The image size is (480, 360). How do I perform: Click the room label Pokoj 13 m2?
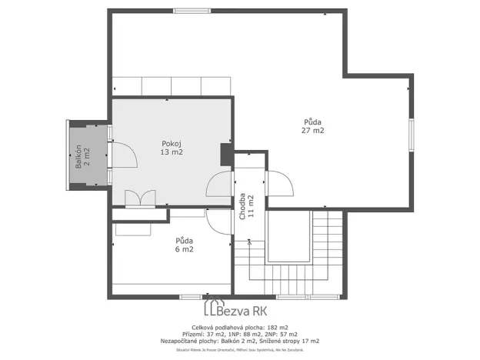171,148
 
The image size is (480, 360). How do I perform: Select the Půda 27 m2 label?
312,125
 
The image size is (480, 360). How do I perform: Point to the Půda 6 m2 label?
184,245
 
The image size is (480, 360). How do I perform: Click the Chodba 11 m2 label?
245,206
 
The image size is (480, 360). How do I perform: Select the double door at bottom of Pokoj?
140,198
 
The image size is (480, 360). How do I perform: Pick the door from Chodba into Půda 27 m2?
278,183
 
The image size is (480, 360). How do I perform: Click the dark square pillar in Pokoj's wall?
226,154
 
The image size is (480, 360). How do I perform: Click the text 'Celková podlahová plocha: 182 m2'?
239,327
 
